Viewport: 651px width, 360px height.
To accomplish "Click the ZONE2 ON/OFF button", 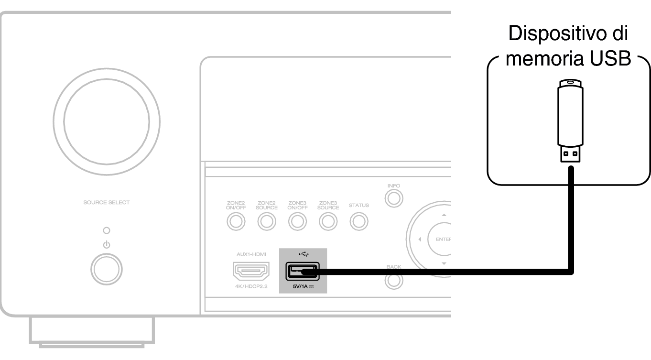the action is [236, 221].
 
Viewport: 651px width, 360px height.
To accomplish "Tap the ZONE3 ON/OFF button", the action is [297, 221].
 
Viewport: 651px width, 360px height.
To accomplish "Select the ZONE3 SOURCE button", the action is [328, 221].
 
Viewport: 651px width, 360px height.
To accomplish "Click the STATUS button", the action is [359, 221].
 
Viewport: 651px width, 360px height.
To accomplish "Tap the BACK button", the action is [394, 281].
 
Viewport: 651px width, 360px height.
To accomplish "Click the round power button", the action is [107, 269].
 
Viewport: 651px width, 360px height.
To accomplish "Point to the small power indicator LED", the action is [107, 230].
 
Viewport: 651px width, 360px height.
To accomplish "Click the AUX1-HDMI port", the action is [251, 271].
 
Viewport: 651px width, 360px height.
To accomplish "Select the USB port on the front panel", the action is [302, 271].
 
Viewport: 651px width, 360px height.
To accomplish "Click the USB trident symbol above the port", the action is [304, 254].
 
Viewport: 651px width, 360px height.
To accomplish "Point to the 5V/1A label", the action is [303, 286].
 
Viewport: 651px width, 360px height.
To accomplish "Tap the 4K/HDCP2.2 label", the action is [251, 286].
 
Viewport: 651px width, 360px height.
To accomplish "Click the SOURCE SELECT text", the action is [107, 202].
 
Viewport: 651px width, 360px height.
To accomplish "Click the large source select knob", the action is [107, 122].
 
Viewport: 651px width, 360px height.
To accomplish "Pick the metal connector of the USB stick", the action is [570, 154].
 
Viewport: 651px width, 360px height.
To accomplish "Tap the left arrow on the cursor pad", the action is [420, 240].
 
